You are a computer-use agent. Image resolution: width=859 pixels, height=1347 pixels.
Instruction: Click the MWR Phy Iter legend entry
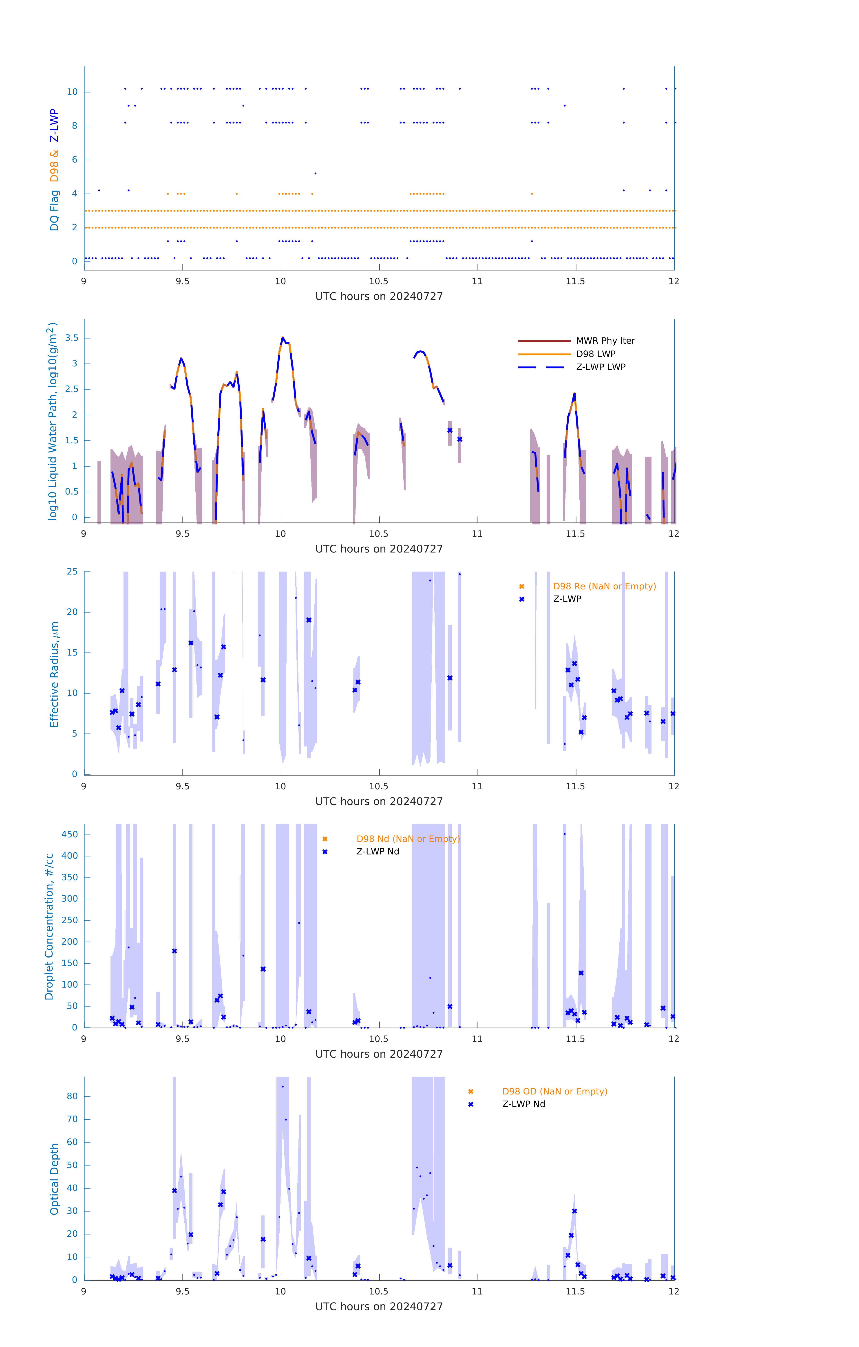point(576,341)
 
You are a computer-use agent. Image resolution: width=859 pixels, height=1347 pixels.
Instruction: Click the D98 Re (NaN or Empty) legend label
point(604,586)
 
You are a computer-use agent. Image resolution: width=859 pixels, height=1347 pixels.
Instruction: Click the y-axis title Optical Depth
point(54,1179)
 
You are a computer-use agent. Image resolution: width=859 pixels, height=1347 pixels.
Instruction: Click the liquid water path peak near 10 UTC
point(283,338)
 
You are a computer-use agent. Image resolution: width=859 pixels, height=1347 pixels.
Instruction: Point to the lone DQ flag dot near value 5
point(316,173)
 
